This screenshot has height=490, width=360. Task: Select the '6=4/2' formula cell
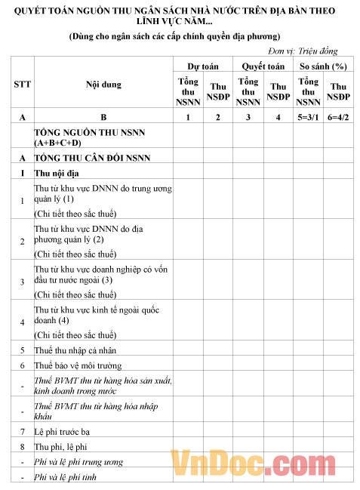click(x=339, y=117)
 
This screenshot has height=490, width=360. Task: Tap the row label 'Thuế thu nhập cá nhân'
click(x=76, y=350)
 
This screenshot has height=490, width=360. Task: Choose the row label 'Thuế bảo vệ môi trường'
click(x=78, y=365)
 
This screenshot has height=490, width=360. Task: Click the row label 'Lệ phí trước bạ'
click(x=63, y=431)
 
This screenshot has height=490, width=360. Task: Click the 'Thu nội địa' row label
click(x=57, y=174)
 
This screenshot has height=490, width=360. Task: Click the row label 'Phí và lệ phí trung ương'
click(x=79, y=461)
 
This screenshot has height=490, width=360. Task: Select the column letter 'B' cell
click(x=103, y=117)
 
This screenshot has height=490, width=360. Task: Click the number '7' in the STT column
click(x=23, y=431)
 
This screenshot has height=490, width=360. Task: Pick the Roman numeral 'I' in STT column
click(x=23, y=174)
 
